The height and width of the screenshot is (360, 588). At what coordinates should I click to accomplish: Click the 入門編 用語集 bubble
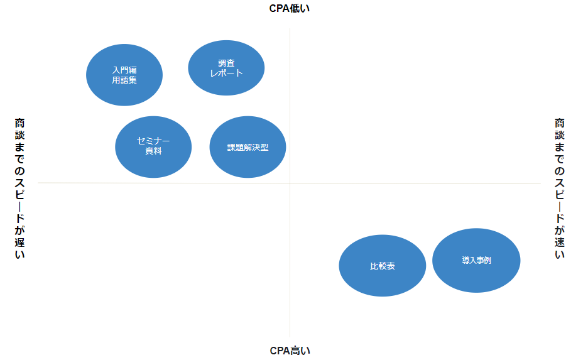(124, 75)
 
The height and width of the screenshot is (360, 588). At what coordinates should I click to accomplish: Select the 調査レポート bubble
(226, 68)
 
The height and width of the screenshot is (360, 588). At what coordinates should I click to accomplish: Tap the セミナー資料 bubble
(153, 147)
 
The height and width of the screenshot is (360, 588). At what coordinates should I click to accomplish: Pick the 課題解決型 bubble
(248, 148)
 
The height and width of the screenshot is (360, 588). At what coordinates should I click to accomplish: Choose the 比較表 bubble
(382, 266)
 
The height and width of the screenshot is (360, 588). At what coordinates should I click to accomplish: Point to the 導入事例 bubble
(476, 260)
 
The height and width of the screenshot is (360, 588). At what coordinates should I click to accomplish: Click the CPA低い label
(290, 8)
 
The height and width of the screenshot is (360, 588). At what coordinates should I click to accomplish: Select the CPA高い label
(290, 351)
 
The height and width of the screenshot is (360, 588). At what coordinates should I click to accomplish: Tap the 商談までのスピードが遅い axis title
(20, 188)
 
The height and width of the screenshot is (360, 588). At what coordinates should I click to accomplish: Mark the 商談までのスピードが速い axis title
(560, 188)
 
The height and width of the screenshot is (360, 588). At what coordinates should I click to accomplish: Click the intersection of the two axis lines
(290, 183)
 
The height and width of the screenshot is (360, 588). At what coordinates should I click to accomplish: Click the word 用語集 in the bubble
(124, 80)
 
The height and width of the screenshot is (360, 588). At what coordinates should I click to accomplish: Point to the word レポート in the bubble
(226, 73)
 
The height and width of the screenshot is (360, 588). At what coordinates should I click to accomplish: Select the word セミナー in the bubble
(153, 141)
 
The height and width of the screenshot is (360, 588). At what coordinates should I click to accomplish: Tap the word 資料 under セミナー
(153, 151)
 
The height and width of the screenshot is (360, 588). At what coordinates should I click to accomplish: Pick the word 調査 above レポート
(226, 63)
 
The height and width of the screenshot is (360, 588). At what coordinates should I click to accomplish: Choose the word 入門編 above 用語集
(124, 70)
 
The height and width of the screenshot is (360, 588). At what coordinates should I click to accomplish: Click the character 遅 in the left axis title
(20, 241)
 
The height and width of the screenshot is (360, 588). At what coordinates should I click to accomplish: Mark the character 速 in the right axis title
(560, 241)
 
